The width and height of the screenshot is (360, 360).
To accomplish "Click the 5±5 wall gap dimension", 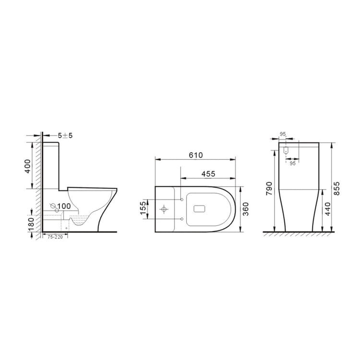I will pyautogui.click(x=65, y=135).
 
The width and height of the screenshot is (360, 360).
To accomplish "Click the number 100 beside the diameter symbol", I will pyautogui.click(x=64, y=206).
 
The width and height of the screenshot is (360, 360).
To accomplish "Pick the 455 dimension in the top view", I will pyautogui.click(x=207, y=173).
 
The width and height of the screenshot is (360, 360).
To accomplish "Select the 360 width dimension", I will pyautogui.click(x=245, y=208).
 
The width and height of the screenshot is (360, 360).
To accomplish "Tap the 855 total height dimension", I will pyautogui.click(x=336, y=187).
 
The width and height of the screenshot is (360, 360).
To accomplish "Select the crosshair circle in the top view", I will pyautogui.click(x=164, y=209).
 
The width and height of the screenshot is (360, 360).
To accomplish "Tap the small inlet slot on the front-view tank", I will pyautogui.click(x=286, y=150).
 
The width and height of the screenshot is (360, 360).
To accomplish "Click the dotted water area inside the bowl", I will pyautogui.click(x=79, y=221).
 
